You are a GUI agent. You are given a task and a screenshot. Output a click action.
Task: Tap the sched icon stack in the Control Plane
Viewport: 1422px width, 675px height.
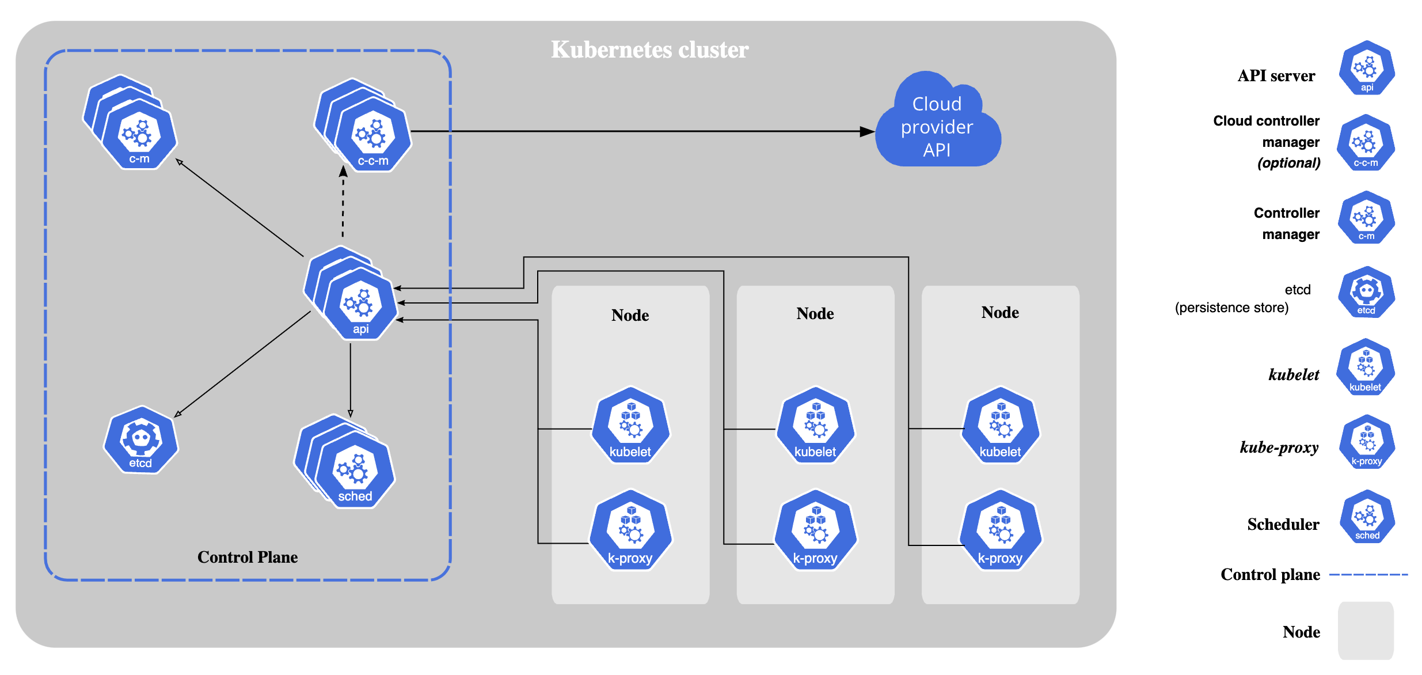(352, 469)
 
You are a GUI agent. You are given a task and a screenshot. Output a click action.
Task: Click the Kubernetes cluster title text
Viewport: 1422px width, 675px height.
(649, 50)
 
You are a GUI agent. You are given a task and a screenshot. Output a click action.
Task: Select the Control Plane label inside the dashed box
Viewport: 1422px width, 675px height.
(248, 557)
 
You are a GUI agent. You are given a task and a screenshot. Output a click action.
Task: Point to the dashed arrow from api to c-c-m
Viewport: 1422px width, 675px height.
(343, 204)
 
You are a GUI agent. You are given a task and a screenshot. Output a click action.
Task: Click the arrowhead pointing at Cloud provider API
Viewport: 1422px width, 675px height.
(866, 131)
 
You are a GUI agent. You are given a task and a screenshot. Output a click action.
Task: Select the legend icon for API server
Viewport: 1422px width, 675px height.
(1367, 68)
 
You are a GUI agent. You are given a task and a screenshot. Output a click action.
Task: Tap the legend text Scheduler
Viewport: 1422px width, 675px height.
(1283, 524)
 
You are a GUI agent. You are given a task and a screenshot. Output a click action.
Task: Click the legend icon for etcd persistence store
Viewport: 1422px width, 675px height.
(1366, 293)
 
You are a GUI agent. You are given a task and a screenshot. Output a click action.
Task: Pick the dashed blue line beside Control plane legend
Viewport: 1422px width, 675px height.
(1368, 574)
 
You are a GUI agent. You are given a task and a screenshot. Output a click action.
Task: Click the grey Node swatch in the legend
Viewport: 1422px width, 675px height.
(1366, 631)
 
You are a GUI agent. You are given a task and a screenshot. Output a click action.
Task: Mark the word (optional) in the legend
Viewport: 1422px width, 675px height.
(1288, 163)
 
